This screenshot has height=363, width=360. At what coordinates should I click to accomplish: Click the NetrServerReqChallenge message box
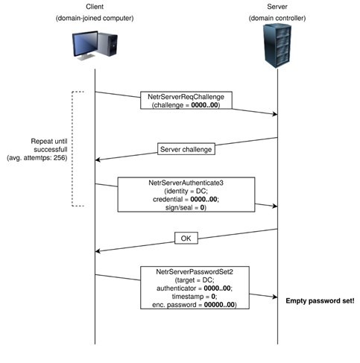[x=186, y=101]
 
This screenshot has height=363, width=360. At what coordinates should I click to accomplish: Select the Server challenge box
[x=186, y=149]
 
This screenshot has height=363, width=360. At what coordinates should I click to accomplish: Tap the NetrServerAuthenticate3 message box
[x=186, y=195]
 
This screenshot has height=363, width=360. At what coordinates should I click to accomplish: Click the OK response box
[x=186, y=239]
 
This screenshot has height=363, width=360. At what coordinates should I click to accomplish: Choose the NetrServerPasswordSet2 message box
[x=195, y=288]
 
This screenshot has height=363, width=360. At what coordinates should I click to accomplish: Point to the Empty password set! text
[x=320, y=301]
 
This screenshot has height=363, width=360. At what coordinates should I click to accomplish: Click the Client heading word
[x=95, y=7]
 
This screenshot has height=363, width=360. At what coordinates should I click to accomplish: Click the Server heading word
[x=277, y=7]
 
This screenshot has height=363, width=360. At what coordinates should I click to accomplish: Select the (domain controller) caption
[x=277, y=18]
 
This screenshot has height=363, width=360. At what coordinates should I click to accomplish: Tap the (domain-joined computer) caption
[x=95, y=18]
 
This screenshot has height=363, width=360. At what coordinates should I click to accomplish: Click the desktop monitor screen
[x=85, y=44]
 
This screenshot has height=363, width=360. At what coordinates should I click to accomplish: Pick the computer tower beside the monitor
[x=107, y=44]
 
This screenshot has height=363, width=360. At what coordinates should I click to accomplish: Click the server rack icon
[x=277, y=45]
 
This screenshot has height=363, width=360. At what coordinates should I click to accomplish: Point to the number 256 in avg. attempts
[x=60, y=158]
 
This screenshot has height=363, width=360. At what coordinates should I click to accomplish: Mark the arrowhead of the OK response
[x=98, y=251]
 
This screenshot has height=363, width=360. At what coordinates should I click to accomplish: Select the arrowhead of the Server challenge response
[x=98, y=160]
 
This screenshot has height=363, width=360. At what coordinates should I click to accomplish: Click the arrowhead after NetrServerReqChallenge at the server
[x=275, y=114]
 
